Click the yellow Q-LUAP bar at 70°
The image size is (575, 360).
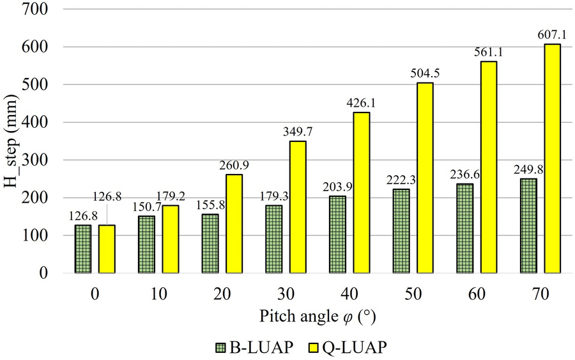click(x=552, y=159)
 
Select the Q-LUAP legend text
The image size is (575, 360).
click(x=353, y=348)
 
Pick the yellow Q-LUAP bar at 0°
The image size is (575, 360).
click(x=107, y=249)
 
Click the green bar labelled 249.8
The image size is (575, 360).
click(x=528, y=226)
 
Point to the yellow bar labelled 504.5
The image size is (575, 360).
click(x=425, y=178)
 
